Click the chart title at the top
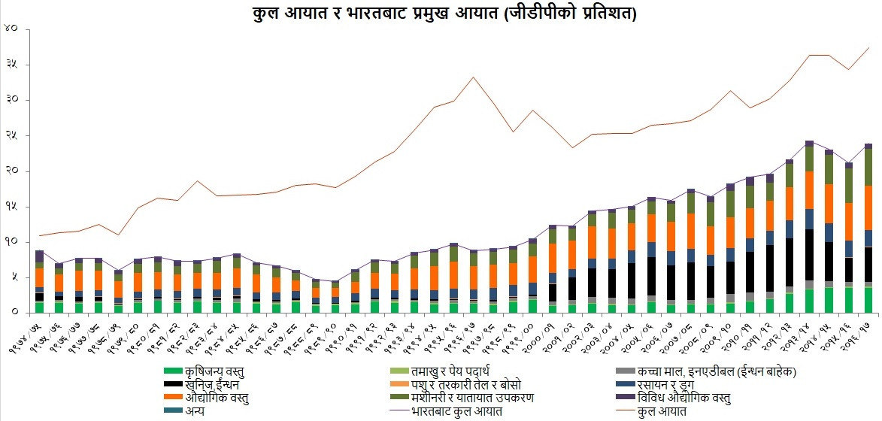(x=441, y=13)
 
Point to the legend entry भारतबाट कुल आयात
(x=458, y=411)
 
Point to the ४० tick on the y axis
(x=11, y=29)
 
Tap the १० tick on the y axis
(x=11, y=242)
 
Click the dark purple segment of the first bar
(x=39, y=256)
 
